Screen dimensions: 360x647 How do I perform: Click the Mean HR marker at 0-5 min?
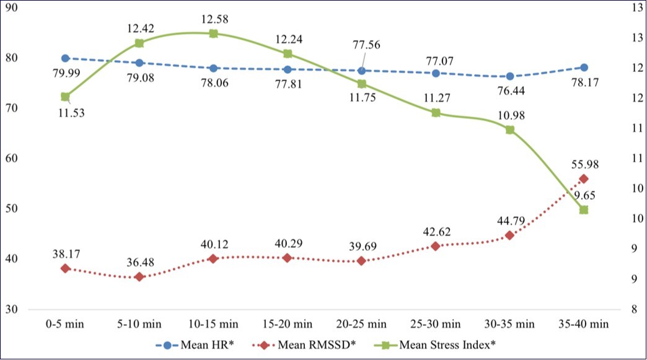point(65,58)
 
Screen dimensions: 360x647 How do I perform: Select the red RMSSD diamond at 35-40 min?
point(583,178)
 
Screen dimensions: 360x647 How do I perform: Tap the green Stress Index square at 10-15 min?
point(213,33)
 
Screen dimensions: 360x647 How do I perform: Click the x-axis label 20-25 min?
point(361,323)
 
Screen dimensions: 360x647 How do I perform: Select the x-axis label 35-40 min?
point(583,323)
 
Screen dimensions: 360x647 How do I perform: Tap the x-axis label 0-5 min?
point(65,323)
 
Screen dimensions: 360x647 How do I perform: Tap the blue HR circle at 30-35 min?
point(509,76)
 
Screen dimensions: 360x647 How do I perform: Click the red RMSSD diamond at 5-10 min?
point(139,277)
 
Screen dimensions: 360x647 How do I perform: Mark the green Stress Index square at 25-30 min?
point(436,113)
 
